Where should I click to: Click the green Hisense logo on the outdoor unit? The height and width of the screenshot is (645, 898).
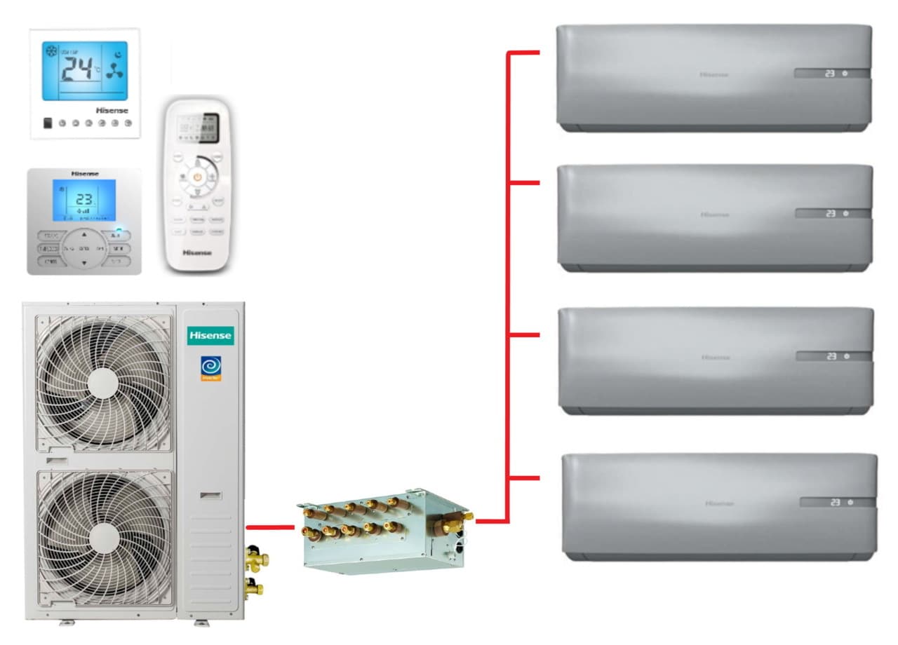[210, 336]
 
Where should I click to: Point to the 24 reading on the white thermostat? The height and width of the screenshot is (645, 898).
[78, 69]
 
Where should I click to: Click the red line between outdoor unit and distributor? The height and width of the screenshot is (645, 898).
[270, 526]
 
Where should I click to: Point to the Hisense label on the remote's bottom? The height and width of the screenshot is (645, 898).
[197, 252]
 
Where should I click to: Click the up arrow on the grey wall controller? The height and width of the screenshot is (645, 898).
[84, 234]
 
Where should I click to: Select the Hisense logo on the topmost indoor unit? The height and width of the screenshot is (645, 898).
[713, 74]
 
